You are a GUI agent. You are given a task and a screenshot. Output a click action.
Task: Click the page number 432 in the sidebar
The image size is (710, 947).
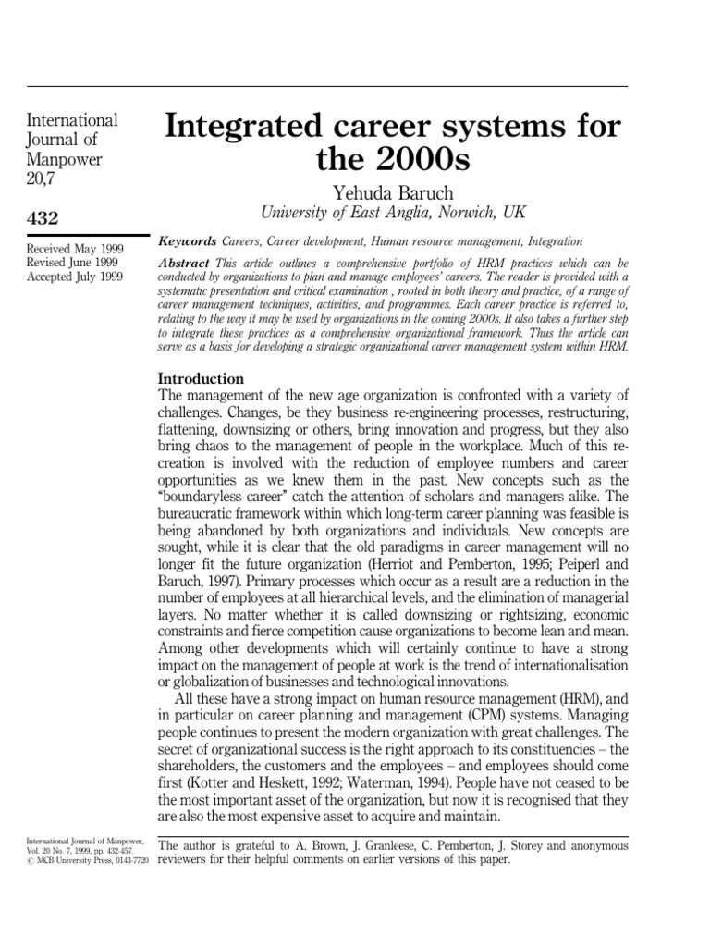click(x=43, y=218)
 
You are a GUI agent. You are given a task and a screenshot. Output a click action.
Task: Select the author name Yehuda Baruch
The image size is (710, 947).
click(x=394, y=192)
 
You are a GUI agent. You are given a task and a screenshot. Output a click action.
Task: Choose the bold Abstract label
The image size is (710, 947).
click(x=184, y=263)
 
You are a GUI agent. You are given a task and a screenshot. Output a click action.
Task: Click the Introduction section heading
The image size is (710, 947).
click(x=201, y=379)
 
